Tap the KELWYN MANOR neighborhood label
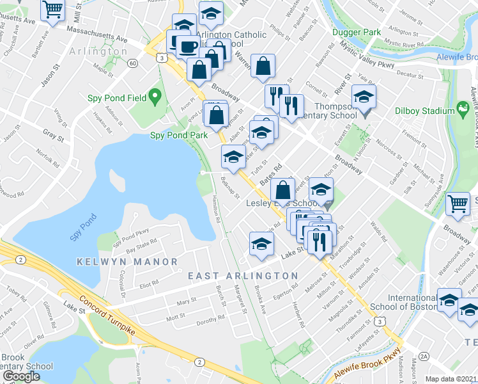[127, 262]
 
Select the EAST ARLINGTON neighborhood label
[243, 275]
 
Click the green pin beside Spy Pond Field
[155, 97]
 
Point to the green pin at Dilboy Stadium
[463, 110]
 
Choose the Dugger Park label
[355, 31]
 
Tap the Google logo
[21, 376]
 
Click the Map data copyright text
[451, 379]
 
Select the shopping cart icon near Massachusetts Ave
[52, 9]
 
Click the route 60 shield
[132, 63]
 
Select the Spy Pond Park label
[178, 135]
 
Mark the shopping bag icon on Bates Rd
[282, 189]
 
